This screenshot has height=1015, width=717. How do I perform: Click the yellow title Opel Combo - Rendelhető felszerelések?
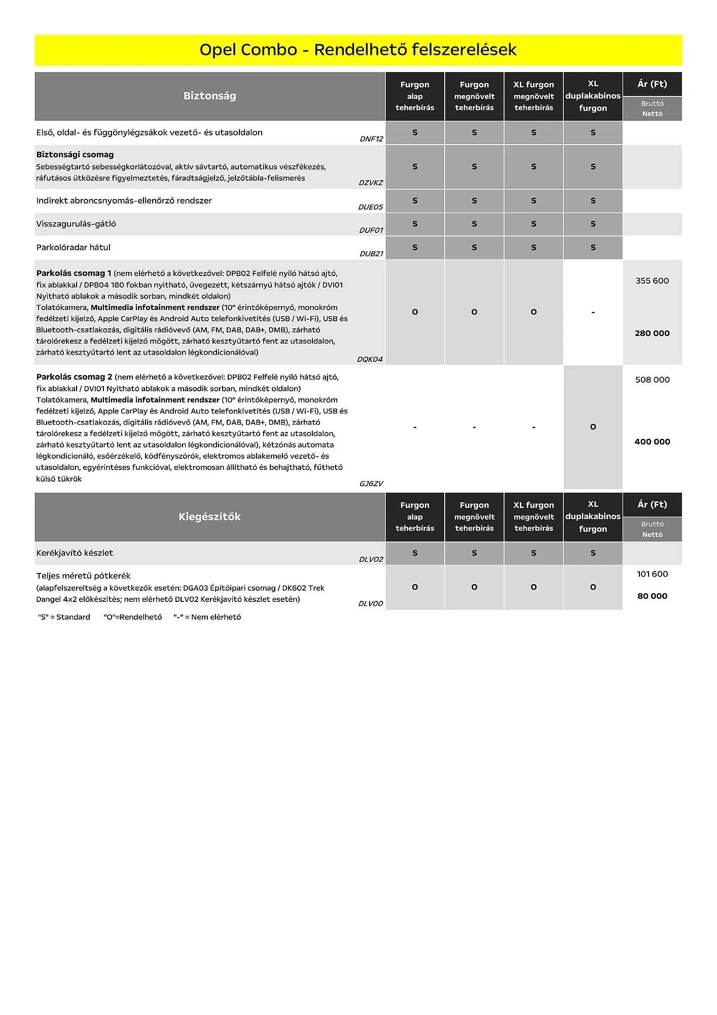[x=358, y=50]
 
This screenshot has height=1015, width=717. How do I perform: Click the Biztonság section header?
[x=209, y=96]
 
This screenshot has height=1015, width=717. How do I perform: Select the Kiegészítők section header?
[x=209, y=517]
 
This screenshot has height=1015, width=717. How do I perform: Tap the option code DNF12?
[x=371, y=139]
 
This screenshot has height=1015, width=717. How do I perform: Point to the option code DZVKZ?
[x=371, y=183]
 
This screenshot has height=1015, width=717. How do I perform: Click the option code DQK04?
[x=370, y=359]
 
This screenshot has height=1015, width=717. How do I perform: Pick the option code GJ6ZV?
[x=371, y=484]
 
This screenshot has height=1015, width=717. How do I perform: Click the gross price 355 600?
[x=652, y=281]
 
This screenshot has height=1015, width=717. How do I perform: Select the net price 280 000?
[x=652, y=333]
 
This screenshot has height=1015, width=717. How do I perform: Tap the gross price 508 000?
[x=652, y=380]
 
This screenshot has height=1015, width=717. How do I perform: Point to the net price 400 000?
[x=652, y=442]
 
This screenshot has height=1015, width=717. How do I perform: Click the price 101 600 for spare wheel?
[x=652, y=574]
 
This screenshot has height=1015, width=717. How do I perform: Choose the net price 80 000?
[x=652, y=596]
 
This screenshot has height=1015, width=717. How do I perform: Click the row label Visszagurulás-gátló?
[x=76, y=224]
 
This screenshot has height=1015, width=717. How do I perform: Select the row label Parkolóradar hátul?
[x=73, y=248]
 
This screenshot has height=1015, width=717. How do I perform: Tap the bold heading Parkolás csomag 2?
[x=74, y=377]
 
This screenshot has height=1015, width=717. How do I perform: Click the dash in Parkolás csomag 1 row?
[x=593, y=313]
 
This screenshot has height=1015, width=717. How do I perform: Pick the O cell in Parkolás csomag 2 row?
[x=593, y=427]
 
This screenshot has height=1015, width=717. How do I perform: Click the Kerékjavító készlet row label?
[x=75, y=553]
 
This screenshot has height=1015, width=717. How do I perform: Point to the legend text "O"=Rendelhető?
[x=133, y=617]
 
